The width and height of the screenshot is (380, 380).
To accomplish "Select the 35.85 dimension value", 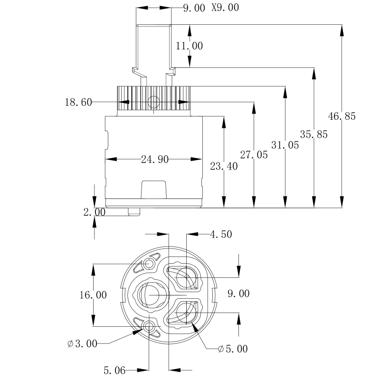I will pyautogui.click(x=313, y=134).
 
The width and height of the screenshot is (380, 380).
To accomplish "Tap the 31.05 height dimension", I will pyautogui.click(x=285, y=145).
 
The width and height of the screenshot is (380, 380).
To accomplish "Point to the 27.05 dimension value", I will pyautogui.click(x=254, y=155).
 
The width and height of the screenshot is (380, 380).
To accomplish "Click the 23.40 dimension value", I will pyautogui.click(x=223, y=166).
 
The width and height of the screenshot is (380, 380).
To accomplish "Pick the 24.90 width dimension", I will pyautogui.click(x=155, y=160).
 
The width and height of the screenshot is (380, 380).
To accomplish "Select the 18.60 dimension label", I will pyautogui.click(x=78, y=102).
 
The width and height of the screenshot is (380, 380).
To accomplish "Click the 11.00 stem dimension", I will pyautogui.click(x=190, y=46).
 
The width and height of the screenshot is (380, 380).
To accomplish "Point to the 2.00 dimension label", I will pyautogui.click(x=95, y=212).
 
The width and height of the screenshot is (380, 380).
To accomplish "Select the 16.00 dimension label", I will pyautogui.click(x=93, y=295).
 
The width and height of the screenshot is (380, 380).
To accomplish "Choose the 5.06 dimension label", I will pyautogui.click(x=114, y=370).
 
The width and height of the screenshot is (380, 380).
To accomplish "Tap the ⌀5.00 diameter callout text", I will pyautogui.click(x=233, y=349).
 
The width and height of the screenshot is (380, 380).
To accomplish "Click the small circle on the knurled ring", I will pyautogui.click(x=153, y=101).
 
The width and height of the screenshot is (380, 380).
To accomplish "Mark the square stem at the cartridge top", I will pyautogui.click(x=153, y=45).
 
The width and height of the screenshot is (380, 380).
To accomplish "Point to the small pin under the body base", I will pyautogui.click(x=134, y=211).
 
